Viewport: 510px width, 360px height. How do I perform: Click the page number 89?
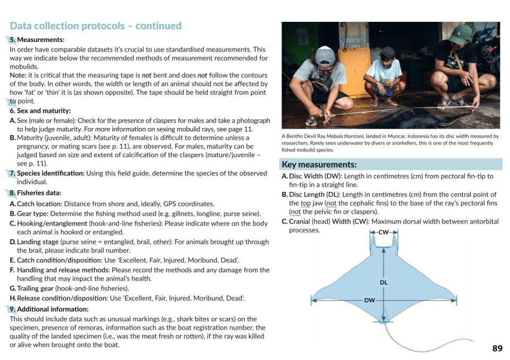click(x=497, y=348)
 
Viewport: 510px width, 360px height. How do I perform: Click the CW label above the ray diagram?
click(x=384, y=232)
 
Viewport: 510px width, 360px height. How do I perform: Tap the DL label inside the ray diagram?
click(x=384, y=282)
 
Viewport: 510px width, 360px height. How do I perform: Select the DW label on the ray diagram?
click(x=369, y=300)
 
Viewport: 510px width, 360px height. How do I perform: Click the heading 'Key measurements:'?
click(x=319, y=165)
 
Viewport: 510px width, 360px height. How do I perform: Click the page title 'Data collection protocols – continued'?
click(x=96, y=26)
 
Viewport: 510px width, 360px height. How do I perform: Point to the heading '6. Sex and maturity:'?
click(x=40, y=111)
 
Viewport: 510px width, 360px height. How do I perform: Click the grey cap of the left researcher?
click(x=325, y=54)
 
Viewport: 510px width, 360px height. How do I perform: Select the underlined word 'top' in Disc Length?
click(x=305, y=203)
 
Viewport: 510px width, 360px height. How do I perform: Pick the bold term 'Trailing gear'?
click(x=36, y=288)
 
